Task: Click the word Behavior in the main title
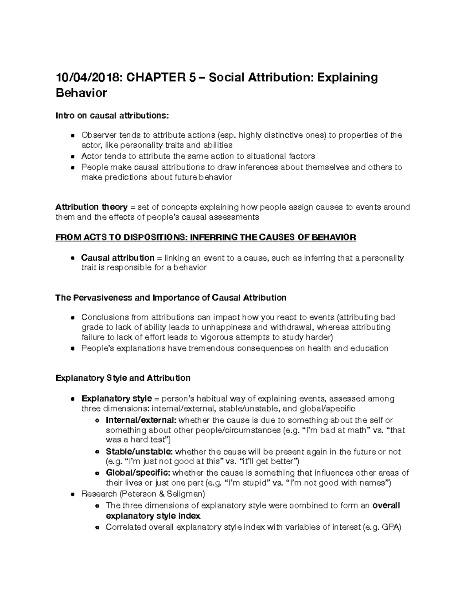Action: [x=81, y=93]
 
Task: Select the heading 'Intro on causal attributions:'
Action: [x=112, y=116]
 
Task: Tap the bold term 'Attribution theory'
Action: [x=91, y=207]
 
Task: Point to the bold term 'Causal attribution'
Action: [x=117, y=258]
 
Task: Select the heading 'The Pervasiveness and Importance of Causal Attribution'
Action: [x=171, y=298]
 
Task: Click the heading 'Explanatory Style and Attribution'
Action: [x=123, y=378]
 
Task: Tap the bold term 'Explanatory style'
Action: [x=116, y=398]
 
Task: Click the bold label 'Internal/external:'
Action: [x=141, y=420]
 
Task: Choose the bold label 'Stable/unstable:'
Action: [x=138, y=452]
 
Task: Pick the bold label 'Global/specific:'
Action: [x=138, y=473]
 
